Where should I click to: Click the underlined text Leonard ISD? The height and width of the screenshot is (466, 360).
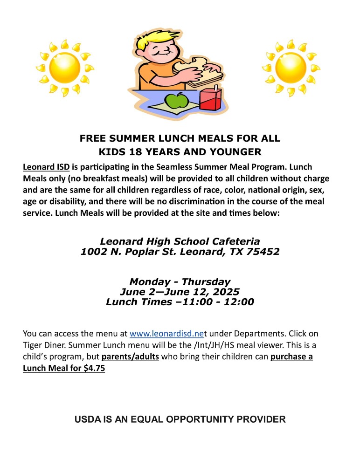pyautogui.click(x=46, y=167)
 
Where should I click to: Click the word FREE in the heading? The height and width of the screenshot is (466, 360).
pyautogui.click(x=93, y=138)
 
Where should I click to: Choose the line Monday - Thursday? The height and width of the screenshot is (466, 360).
pyautogui.click(x=180, y=282)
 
